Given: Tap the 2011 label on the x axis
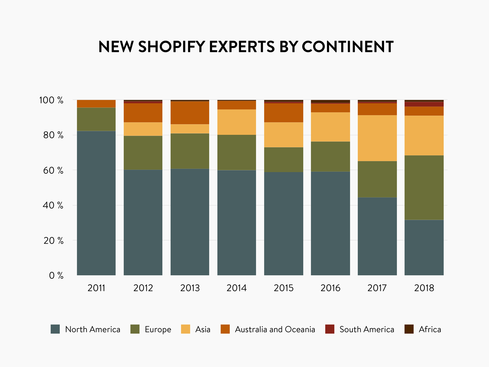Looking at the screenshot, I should coord(96,288).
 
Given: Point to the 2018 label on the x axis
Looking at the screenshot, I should coord(424,288).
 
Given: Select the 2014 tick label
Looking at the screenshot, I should coord(237,288).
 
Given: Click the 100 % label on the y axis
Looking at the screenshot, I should coord(51,100).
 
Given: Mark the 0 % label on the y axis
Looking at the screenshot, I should coord(56,276).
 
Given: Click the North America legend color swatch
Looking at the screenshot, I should coord(55,329).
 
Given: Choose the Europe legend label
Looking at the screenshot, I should coord(158,330).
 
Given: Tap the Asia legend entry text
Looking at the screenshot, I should coord(203,330).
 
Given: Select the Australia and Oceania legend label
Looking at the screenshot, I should coord(275,330).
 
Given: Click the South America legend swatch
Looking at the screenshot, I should coord(330,329).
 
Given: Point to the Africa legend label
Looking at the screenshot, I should coord(430,330).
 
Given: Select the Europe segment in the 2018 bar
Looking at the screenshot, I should coord(424,188).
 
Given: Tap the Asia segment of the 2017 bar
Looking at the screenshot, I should coord(377,138).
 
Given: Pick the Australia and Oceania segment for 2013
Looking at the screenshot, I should coord(190,113).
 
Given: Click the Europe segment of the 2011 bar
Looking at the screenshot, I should coord(96,119).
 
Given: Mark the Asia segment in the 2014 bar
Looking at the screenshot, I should coord(237,122).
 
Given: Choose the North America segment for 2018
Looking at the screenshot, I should coord(424,247).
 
